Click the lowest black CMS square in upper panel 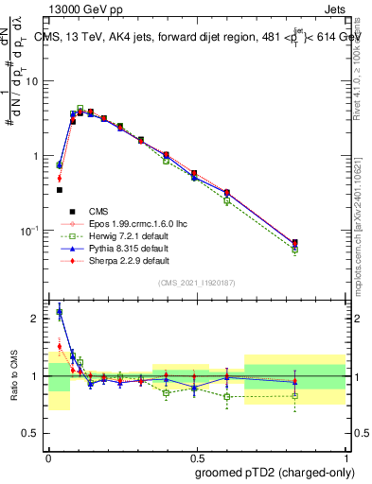click(60, 190)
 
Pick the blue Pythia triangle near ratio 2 click(60, 311)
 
